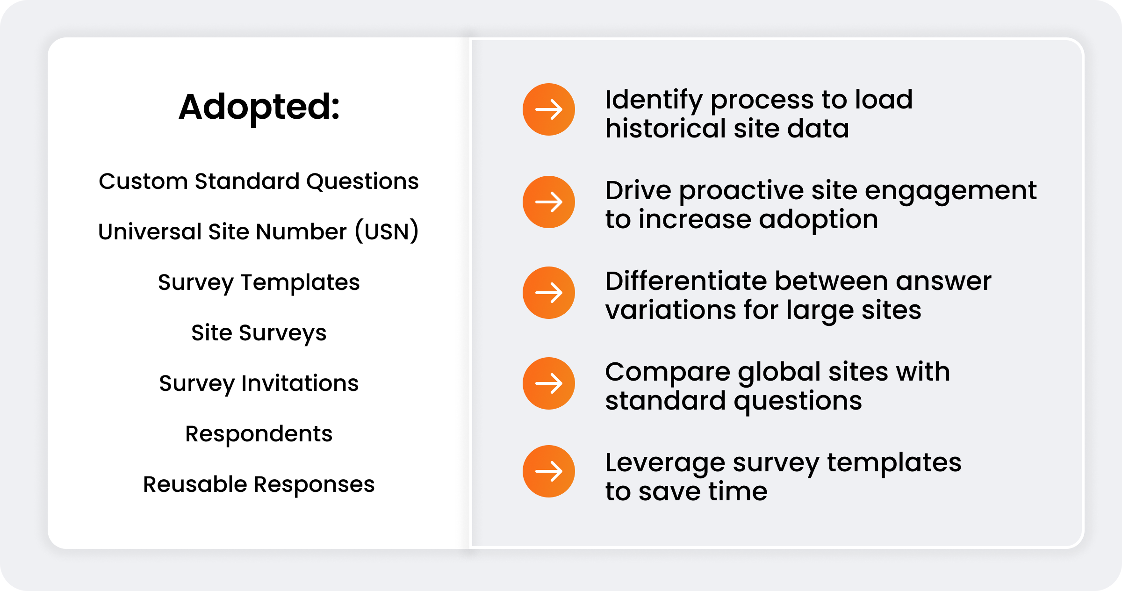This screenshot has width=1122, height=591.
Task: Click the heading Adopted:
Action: coord(259,107)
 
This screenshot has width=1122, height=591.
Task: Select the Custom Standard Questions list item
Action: coord(259,181)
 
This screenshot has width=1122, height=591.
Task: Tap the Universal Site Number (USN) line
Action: coord(259,231)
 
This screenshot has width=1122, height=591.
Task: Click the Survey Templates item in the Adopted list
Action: coord(259,282)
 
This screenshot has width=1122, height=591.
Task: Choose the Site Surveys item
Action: coord(259,333)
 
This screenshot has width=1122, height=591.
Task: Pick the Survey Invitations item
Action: coord(259,383)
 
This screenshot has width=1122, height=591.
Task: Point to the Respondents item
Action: coord(259,434)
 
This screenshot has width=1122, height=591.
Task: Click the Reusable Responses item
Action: coord(259,484)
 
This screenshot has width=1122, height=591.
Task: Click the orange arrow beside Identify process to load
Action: coord(549,109)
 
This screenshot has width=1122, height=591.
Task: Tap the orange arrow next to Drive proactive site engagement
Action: coord(549,202)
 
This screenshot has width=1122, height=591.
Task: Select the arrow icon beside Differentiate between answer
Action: coord(549,293)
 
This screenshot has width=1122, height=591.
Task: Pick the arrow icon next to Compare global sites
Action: coord(549,383)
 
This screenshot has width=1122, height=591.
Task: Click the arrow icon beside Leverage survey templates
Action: coord(549,471)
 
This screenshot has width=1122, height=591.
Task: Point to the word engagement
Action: coord(951,192)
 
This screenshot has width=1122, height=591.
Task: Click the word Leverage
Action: coord(665,464)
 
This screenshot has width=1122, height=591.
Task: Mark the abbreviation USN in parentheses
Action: coord(387,231)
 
